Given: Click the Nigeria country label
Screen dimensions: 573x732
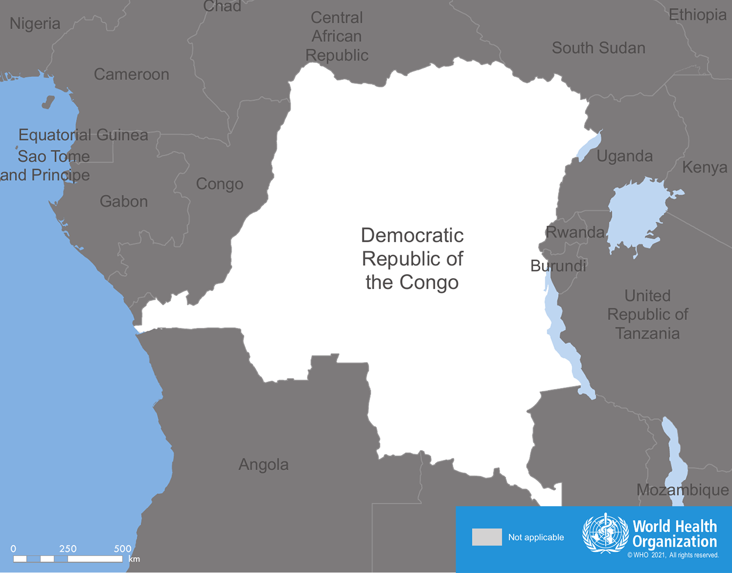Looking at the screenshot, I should [x=35, y=23].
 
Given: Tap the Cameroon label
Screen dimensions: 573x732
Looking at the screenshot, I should [x=132, y=74].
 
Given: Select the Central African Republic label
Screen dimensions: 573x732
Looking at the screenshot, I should [x=337, y=36].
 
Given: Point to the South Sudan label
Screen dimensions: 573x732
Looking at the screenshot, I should [x=598, y=48].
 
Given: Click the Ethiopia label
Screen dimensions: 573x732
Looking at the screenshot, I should [x=697, y=15].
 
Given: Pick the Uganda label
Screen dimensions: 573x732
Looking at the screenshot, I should [x=624, y=156].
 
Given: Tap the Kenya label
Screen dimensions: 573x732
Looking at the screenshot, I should [x=705, y=167].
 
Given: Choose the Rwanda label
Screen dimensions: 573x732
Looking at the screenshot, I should [x=575, y=232].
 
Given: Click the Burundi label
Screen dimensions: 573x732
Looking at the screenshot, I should [x=558, y=266].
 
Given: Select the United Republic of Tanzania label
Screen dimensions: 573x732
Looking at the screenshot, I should [x=647, y=314].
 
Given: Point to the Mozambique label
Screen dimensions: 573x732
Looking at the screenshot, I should [x=682, y=490].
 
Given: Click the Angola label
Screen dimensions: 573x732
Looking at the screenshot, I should [x=263, y=464].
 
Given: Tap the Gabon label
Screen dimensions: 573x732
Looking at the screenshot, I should [x=124, y=201].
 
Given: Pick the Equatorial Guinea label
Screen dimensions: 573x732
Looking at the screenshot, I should [x=83, y=135].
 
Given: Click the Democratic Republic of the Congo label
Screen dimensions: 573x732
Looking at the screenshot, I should [x=412, y=259].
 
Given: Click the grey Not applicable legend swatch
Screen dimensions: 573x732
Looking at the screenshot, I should [x=487, y=537].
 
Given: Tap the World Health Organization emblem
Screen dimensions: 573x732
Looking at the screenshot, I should [x=605, y=534].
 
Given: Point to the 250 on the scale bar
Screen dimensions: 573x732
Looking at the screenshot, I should [x=67, y=548].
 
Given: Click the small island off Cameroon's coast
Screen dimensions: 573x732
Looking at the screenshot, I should [x=48, y=102].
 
